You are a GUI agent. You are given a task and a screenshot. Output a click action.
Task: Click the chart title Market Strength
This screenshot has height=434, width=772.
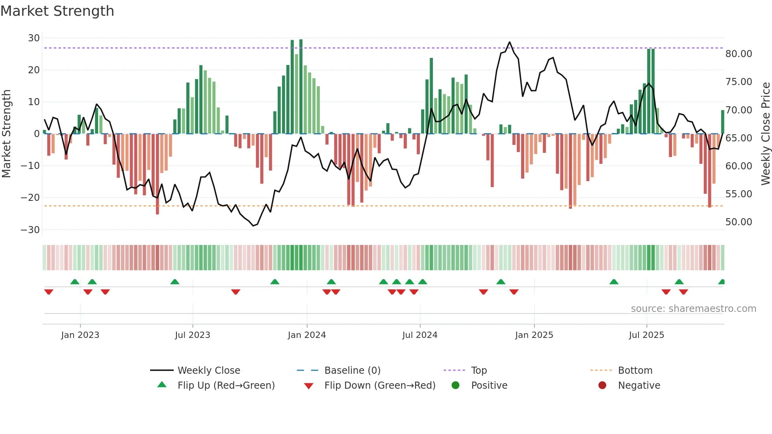coord(57,11)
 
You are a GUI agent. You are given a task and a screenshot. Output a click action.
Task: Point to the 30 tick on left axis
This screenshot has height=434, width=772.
coord(34,38)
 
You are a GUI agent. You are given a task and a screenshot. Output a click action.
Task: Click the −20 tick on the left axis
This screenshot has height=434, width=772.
coord(31,198)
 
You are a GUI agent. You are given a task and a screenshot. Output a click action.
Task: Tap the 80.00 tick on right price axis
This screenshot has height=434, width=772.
coord(739,54)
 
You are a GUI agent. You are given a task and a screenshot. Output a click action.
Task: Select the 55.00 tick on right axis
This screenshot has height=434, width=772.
coord(739,194)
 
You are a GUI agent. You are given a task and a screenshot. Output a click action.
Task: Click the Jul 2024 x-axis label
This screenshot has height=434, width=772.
coord(419,335)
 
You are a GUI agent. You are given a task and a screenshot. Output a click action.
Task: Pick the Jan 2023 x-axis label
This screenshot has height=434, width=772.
coord(80,335)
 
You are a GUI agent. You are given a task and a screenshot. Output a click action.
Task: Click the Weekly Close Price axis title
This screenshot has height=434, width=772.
coord(765,134)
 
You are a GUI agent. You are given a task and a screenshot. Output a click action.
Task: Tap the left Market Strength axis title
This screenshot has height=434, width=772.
coord(7,134)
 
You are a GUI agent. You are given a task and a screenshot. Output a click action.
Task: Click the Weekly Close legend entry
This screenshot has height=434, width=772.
coord(208,371)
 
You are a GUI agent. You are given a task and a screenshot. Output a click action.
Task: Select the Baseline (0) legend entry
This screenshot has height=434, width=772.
coord(352,371)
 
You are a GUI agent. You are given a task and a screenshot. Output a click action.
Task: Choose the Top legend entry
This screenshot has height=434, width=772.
coord(479,371)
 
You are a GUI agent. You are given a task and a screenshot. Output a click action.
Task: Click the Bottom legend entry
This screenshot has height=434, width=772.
coord(635,371)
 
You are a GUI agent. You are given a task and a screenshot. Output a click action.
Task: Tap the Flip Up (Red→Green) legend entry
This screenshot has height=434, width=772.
coord(226,386)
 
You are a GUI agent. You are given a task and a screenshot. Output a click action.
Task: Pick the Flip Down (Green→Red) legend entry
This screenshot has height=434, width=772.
coord(380,386)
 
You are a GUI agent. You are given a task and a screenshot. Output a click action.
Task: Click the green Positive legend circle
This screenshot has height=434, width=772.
coord(455,386)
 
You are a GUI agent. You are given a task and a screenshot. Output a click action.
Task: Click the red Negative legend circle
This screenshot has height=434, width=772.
coord(602,386)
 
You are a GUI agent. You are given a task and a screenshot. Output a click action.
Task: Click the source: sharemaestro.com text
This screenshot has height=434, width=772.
coord(693,309)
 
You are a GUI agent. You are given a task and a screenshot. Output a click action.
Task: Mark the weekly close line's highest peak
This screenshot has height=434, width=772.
coord(510,42)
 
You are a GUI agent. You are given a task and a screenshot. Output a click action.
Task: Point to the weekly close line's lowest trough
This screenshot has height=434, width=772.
coord(253,226)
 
